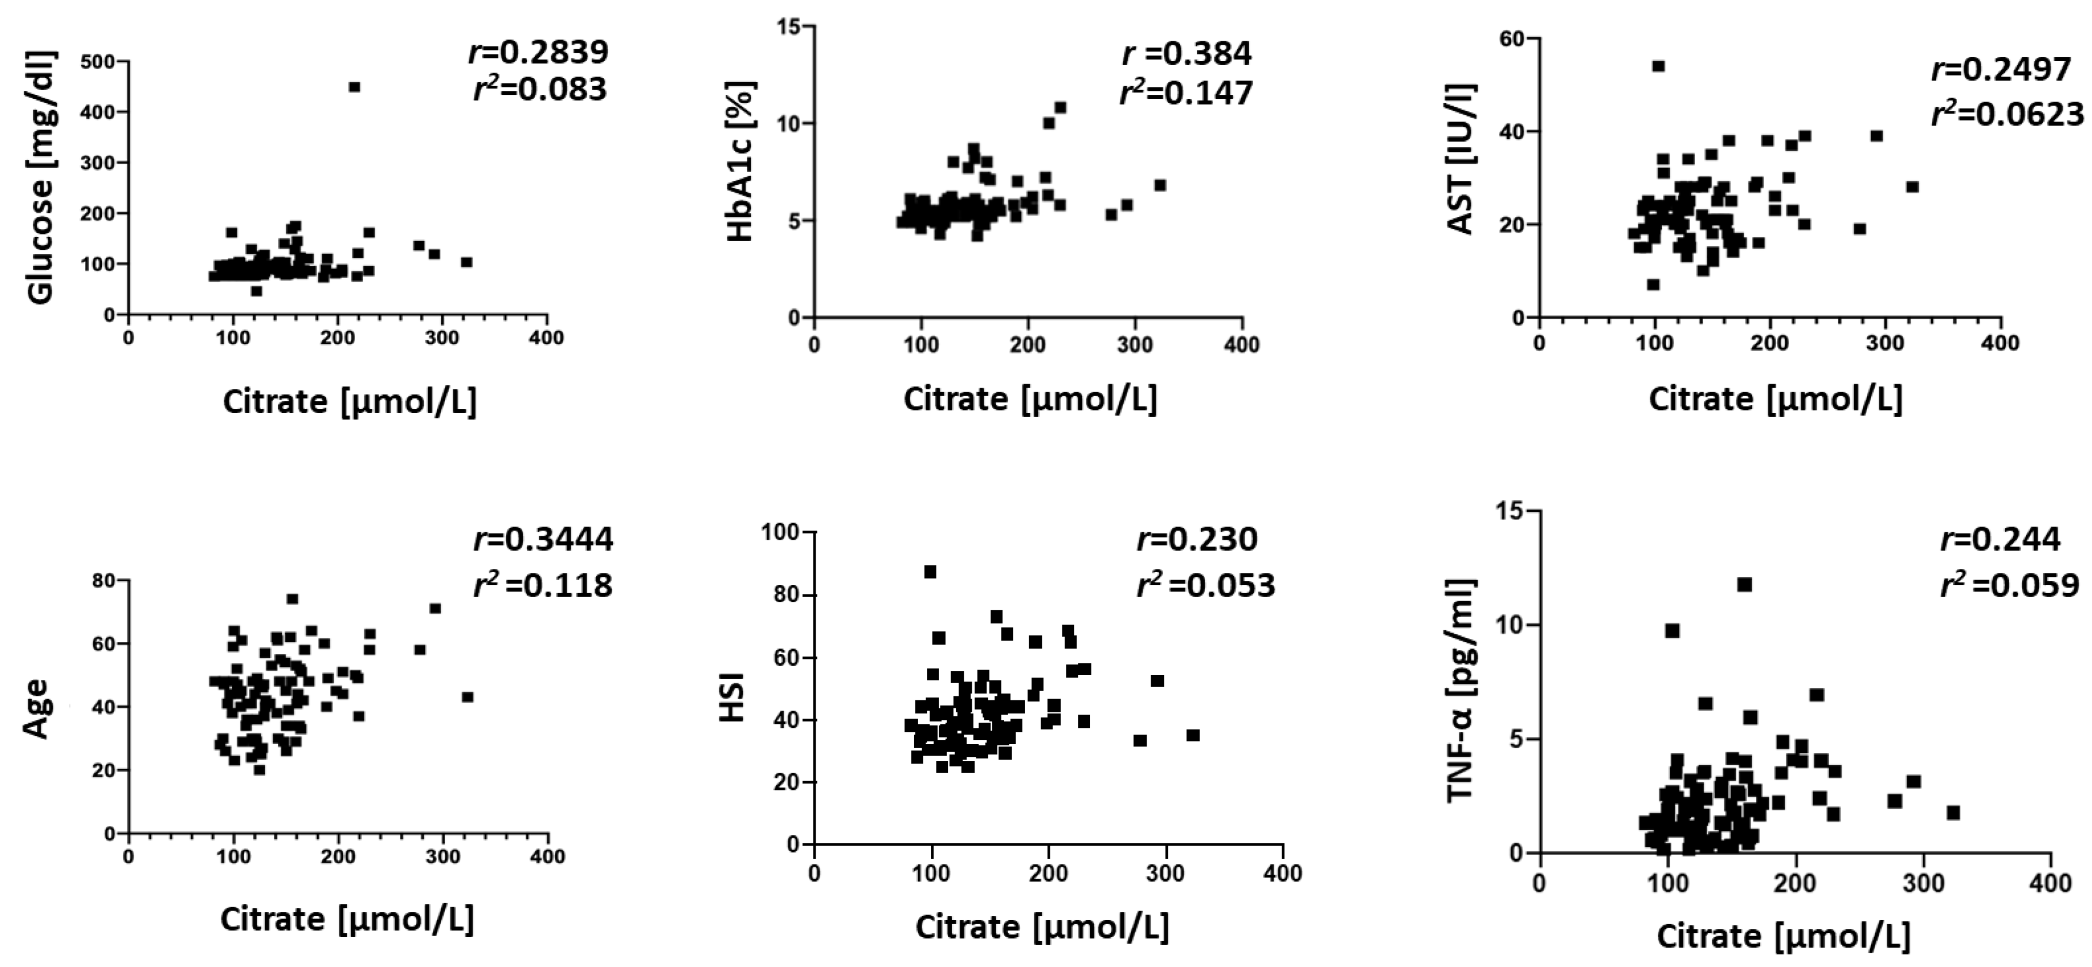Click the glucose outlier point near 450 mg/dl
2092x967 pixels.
(353, 87)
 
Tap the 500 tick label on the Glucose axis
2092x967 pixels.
(98, 62)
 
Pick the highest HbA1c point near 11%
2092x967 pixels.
(1060, 107)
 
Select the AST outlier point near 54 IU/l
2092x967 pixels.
(1658, 66)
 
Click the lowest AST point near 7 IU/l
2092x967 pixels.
(1653, 284)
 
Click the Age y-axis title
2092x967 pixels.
(37, 708)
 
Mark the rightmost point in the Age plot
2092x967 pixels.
(467, 697)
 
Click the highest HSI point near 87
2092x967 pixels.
(930, 572)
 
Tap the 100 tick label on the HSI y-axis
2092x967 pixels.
(780, 533)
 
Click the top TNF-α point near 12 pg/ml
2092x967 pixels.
(1744, 584)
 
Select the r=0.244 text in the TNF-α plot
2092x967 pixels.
(2000, 539)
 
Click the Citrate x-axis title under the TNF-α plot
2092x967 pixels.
(1783, 936)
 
